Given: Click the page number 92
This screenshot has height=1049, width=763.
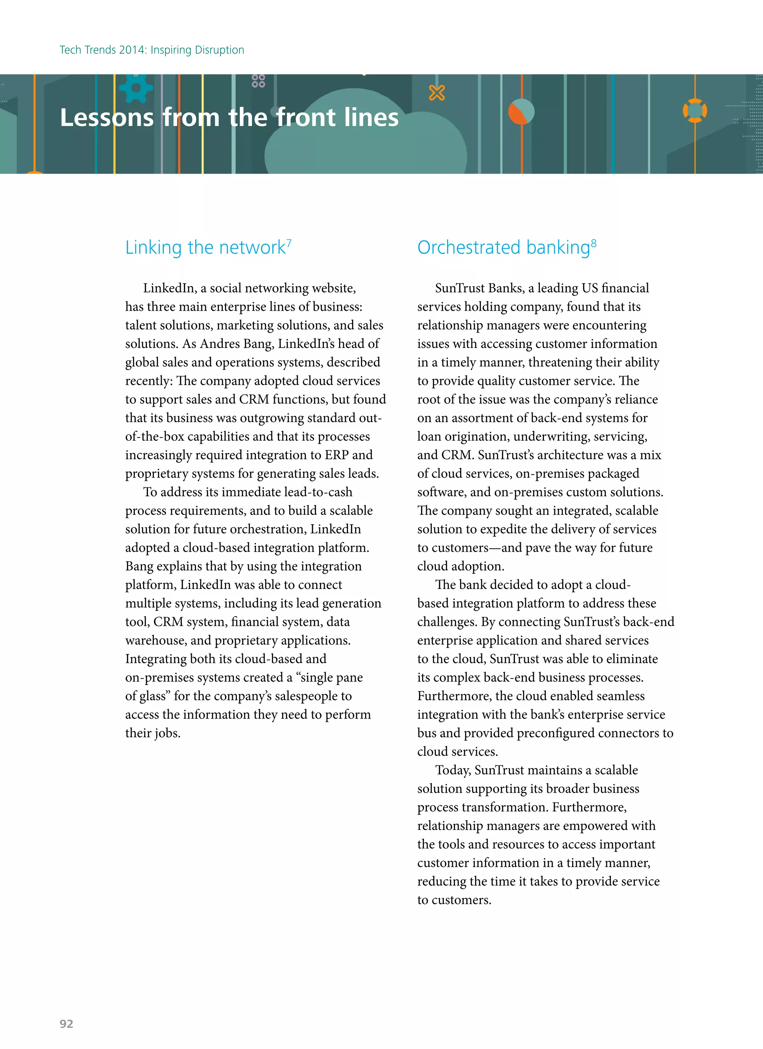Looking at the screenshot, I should coord(66,1024).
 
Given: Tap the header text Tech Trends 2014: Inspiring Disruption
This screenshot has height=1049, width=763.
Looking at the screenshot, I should coord(152,50).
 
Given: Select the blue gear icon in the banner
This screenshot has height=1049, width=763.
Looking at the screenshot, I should coord(136,88).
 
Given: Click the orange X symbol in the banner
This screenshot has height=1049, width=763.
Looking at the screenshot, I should coord(436,93).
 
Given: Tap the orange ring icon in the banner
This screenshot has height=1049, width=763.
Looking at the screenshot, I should coord(694,111).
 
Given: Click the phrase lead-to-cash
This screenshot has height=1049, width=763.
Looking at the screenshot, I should coord(318,492).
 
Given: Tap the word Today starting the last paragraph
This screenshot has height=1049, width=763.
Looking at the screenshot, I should coord(453,770).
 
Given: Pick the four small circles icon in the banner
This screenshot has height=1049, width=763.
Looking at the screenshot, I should coord(258,81).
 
